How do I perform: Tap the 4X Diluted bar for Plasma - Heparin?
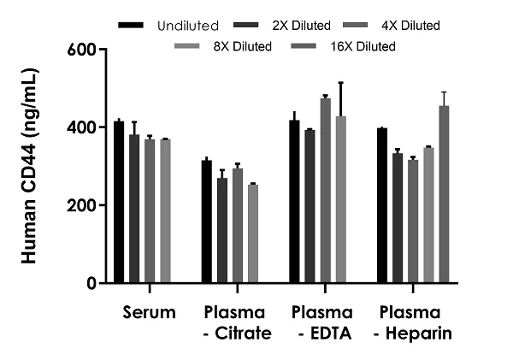coord(413,221)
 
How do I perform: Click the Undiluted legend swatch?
coord(131,26)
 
